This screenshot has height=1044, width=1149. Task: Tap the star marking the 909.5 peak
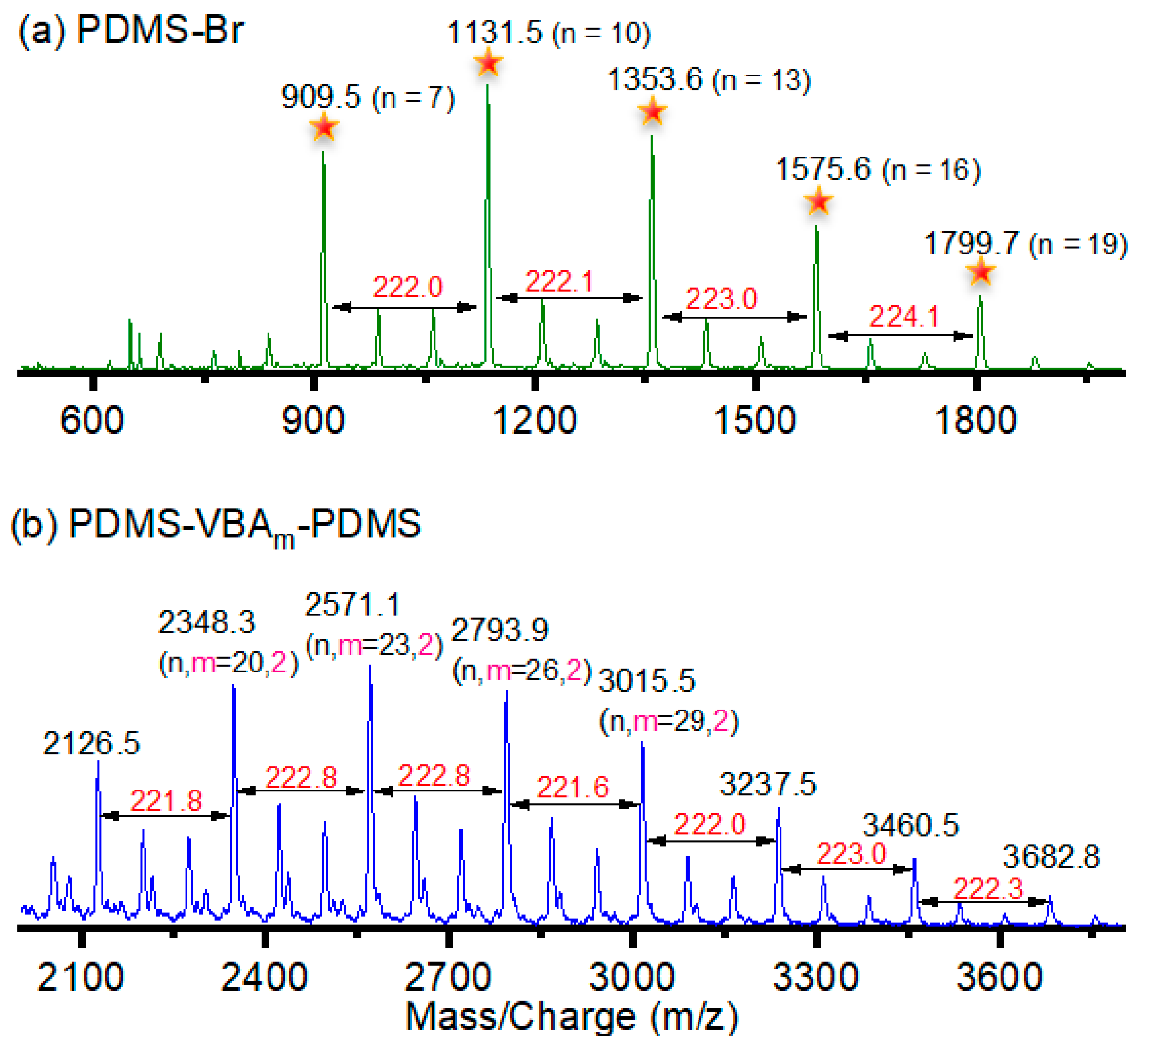[x=324, y=126]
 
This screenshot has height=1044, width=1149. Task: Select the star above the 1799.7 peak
[x=981, y=272]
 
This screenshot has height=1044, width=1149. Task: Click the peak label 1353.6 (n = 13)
[x=708, y=80]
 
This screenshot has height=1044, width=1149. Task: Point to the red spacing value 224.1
[x=903, y=317]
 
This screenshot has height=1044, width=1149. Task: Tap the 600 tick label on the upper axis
[x=92, y=421]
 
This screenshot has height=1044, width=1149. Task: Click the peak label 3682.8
[x=1051, y=857]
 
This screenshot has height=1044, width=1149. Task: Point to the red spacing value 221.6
[x=573, y=788]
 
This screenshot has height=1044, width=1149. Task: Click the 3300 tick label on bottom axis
[x=815, y=977]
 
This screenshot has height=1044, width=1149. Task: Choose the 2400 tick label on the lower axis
[x=264, y=977]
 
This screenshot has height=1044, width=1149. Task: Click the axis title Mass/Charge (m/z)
[x=572, y=1017]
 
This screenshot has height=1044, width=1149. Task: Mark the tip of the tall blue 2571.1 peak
[x=371, y=666]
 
